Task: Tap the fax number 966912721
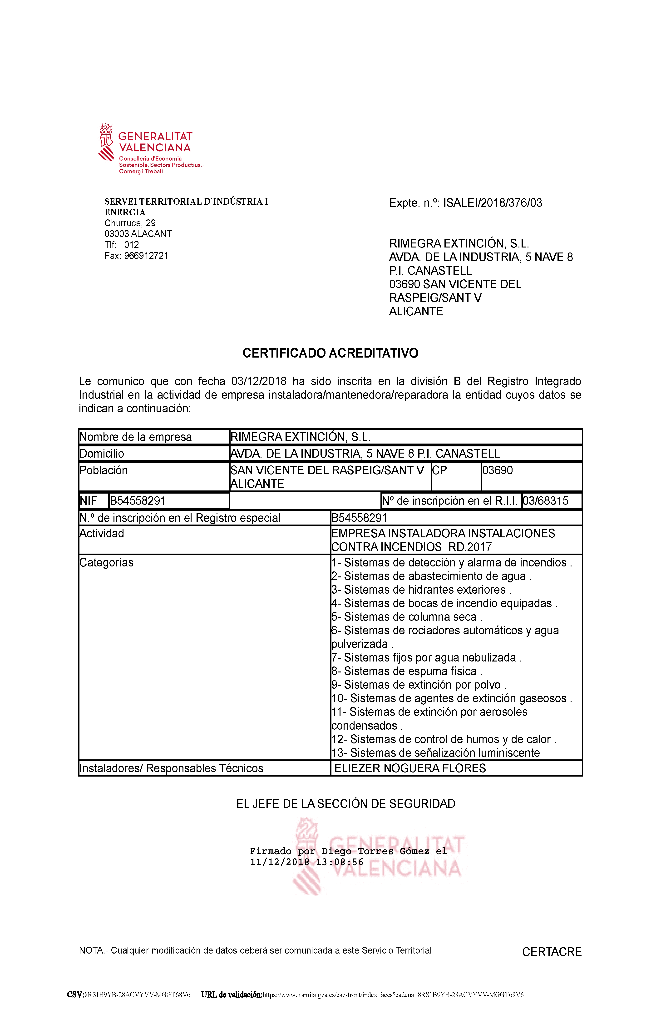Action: [146, 256]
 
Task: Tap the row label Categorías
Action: [106, 563]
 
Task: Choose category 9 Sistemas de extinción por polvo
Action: [419, 685]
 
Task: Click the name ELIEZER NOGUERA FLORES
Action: [410, 768]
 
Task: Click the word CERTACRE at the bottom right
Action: [552, 952]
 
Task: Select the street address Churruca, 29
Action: [130, 223]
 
